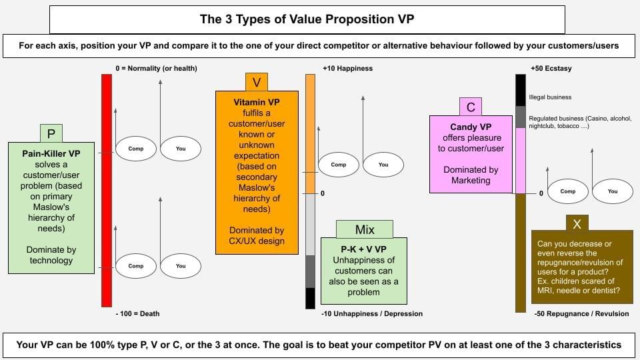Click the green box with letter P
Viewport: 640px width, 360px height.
[x=51, y=133]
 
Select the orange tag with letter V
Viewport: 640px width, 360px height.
[x=256, y=83]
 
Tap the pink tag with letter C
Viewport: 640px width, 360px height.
[x=471, y=107]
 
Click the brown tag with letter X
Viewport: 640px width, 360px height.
[x=577, y=223]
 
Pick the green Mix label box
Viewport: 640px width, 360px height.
[x=365, y=229]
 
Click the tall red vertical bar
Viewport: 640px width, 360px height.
[x=107, y=190]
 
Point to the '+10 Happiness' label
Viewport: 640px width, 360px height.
[x=348, y=69]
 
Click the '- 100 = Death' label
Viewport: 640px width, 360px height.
[x=137, y=313]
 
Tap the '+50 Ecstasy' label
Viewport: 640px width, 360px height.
[x=551, y=69]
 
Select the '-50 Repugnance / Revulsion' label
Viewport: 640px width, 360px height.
[x=581, y=313]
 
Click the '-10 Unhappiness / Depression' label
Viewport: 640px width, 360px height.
[x=372, y=313]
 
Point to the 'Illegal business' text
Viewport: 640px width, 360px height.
[x=550, y=97]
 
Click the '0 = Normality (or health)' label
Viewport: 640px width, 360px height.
[x=156, y=69]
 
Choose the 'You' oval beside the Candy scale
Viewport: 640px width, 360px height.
[x=613, y=191]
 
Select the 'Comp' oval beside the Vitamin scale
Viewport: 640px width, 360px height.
[x=339, y=165]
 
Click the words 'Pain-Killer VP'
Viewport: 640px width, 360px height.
[x=51, y=153]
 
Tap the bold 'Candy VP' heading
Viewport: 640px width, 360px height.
[x=471, y=127]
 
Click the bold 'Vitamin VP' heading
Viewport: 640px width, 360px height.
[x=256, y=102]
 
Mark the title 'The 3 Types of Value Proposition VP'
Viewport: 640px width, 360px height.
[x=307, y=19]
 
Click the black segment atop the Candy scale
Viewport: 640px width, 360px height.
[x=521, y=90]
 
